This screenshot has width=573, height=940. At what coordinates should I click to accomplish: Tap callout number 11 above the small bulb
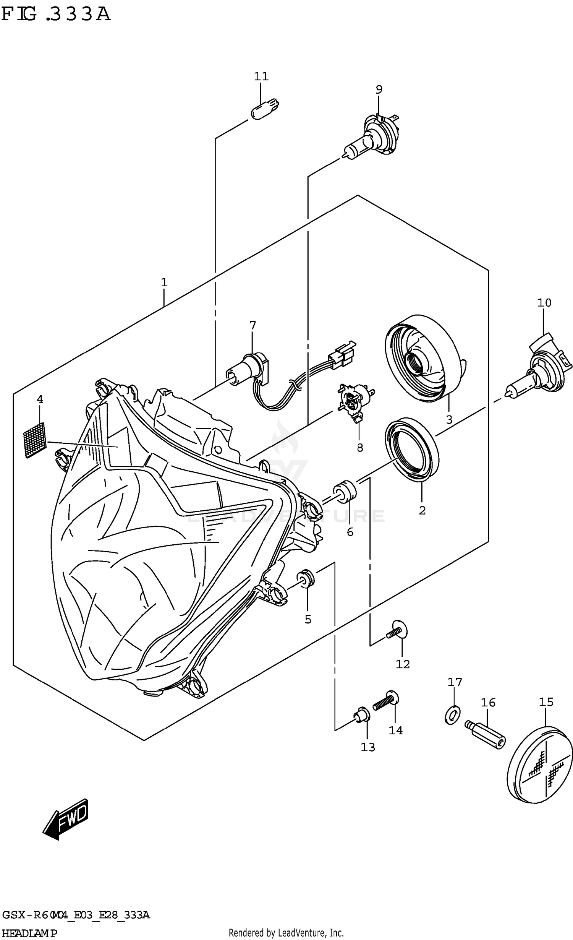[261, 76]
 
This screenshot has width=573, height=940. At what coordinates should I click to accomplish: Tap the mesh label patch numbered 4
[34, 440]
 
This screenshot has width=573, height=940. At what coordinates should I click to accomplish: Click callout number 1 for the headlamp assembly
[164, 282]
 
